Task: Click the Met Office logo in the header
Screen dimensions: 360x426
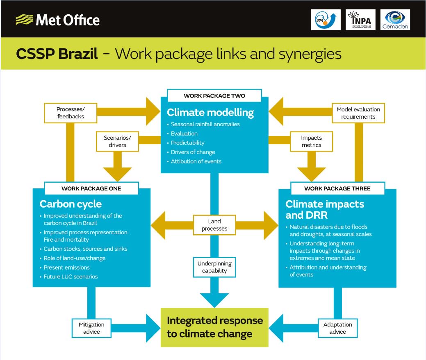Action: pyautogui.click(x=57, y=20)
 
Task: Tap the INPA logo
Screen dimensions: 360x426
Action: pyautogui.click(x=360, y=20)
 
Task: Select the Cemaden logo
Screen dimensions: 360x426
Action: pyautogui.click(x=395, y=20)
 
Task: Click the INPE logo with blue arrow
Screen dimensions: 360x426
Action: pyautogui.click(x=326, y=20)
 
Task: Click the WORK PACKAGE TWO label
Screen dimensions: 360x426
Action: pyautogui.click(x=214, y=96)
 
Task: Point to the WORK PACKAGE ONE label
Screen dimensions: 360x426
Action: pyautogui.click(x=91, y=188)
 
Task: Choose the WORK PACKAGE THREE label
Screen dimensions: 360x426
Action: pyautogui.click(x=337, y=188)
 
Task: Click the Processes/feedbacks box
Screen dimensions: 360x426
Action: pyautogui.click(x=70, y=113)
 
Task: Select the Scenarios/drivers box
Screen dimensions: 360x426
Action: pyautogui.click(x=118, y=141)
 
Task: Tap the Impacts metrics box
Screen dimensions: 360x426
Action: pyautogui.click(x=311, y=141)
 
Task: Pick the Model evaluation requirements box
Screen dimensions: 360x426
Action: pyautogui.click(x=358, y=113)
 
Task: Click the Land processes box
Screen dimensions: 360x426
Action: pyautogui.click(x=214, y=225)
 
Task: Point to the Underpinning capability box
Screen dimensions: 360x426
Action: pyautogui.click(x=214, y=267)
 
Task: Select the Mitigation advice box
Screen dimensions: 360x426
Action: pyautogui.click(x=91, y=328)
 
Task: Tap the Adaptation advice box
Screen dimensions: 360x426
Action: pyautogui.click(x=337, y=328)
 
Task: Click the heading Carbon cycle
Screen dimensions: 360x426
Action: pyautogui.click(x=71, y=204)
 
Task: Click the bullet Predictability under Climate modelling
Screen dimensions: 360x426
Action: pyautogui.click(x=187, y=143)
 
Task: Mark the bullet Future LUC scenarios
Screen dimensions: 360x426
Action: pyautogui.click(x=71, y=276)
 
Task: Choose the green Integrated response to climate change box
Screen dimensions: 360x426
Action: pyautogui.click(x=214, y=327)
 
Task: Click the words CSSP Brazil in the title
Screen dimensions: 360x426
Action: pyautogui.click(x=57, y=54)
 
